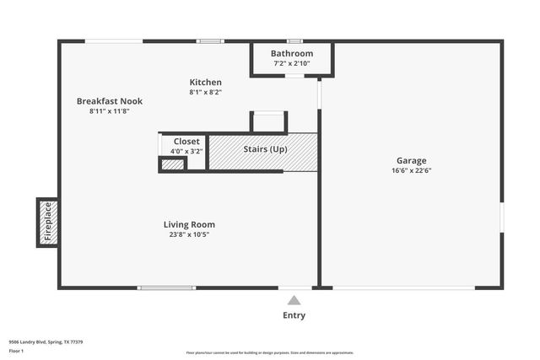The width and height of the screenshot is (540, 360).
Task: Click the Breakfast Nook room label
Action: (x=110, y=101)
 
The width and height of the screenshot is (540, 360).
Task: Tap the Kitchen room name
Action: (x=205, y=82)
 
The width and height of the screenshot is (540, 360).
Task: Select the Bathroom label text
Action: (x=292, y=53)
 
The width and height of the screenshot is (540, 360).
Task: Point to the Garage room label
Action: (x=412, y=160)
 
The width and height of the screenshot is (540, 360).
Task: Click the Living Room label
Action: (x=189, y=224)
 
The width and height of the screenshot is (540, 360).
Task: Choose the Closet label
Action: (x=186, y=142)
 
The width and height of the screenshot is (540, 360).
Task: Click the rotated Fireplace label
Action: (x=48, y=222)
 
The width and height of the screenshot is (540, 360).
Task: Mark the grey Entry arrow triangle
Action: (x=294, y=300)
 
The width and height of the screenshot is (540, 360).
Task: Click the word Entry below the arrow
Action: (x=294, y=315)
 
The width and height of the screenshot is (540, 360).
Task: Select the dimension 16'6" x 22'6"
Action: (x=412, y=170)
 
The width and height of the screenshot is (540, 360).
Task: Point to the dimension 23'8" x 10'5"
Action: (x=189, y=234)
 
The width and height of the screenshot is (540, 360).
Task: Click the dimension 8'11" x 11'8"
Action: (x=110, y=111)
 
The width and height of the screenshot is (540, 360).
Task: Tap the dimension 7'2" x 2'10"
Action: (x=292, y=63)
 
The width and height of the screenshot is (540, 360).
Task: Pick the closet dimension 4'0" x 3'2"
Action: (x=186, y=152)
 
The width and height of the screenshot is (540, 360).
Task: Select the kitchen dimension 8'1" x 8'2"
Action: (x=205, y=92)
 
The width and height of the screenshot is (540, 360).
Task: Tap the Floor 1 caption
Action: (x=16, y=350)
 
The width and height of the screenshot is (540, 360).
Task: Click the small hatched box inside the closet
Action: (x=172, y=164)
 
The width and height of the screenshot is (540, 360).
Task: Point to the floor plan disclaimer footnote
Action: (x=270, y=353)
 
